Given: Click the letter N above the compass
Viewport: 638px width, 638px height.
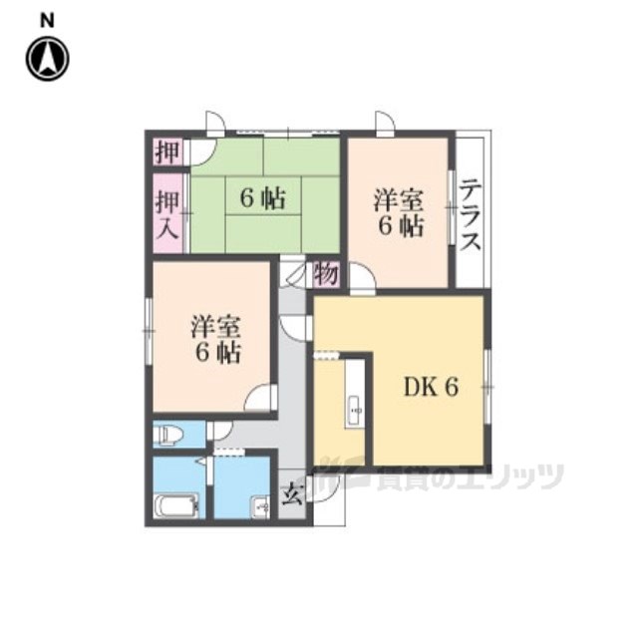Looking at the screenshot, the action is pos(47,20).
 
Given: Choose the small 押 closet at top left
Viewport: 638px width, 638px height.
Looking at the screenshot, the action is pos(167,152).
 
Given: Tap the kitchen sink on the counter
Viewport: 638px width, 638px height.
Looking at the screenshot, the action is pos(355,411).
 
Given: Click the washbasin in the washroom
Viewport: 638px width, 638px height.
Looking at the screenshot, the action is pos(260,507).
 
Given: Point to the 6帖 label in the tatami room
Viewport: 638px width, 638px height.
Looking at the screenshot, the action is pos(262,198).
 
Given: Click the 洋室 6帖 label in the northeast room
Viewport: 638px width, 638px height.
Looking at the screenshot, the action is pos(399,212).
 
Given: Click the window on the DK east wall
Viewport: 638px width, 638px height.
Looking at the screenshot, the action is pos(487,387).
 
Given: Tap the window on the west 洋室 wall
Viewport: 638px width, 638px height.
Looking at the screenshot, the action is pos(149,331).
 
